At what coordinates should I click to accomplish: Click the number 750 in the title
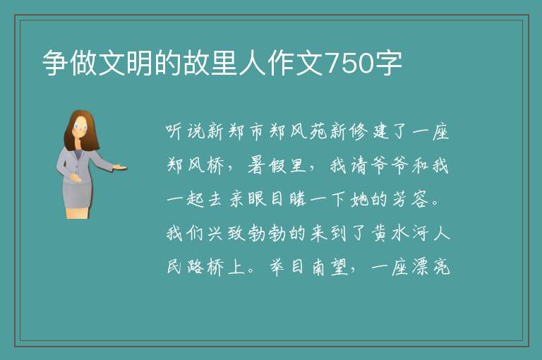coord(350,64)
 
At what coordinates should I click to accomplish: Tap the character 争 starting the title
coord(55,63)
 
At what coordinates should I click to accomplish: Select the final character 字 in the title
coord(389,63)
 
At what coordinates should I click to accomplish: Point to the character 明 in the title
coord(140,63)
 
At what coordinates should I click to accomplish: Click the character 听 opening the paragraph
coord(174,132)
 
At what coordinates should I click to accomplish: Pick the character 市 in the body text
coord(256,132)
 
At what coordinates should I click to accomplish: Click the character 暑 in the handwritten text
coord(256,166)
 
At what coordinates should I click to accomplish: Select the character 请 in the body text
coord(359,166)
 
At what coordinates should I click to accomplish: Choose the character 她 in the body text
coord(359,200)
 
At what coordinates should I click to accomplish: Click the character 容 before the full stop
coord(419,200)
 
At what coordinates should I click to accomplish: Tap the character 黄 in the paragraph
coord(379,234)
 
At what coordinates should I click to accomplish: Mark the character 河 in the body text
coord(419,234)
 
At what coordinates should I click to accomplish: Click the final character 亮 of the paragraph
coord(441,268)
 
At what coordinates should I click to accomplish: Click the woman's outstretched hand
coord(120,167)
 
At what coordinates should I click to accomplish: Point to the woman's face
coord(80,128)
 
